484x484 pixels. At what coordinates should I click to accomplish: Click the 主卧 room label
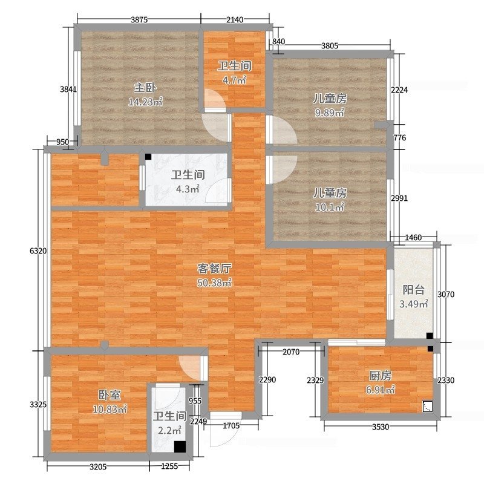[x=145, y=88]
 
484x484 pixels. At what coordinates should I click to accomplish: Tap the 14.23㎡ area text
[x=145, y=102]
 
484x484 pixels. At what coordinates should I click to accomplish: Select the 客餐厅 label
[x=215, y=269]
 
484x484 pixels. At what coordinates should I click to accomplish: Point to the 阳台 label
[x=414, y=290]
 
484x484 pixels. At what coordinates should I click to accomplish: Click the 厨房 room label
[x=381, y=376]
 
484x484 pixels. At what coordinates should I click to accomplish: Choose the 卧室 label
[x=110, y=395]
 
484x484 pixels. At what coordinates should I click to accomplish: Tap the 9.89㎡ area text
[x=329, y=113]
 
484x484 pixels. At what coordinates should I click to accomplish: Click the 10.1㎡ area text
[x=330, y=207]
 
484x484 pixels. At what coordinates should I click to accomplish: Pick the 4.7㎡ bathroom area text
[x=234, y=80]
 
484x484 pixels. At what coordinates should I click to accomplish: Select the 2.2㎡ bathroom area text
[x=169, y=430]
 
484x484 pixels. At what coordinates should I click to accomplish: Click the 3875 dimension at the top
[x=139, y=20]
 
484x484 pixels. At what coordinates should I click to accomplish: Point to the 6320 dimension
[x=38, y=251]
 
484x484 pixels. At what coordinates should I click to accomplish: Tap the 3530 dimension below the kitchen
[x=381, y=427]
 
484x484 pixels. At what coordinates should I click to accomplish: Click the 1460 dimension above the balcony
[x=413, y=237]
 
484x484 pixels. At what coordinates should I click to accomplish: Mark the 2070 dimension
[x=291, y=352]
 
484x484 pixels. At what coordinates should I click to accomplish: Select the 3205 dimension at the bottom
[x=98, y=466]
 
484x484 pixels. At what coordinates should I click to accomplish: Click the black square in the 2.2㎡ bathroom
[x=180, y=446]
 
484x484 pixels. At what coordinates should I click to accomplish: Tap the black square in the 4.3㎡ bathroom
[x=148, y=157]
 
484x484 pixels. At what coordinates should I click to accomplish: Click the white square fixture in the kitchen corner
[x=428, y=407]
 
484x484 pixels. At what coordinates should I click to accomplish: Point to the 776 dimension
[x=400, y=138]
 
